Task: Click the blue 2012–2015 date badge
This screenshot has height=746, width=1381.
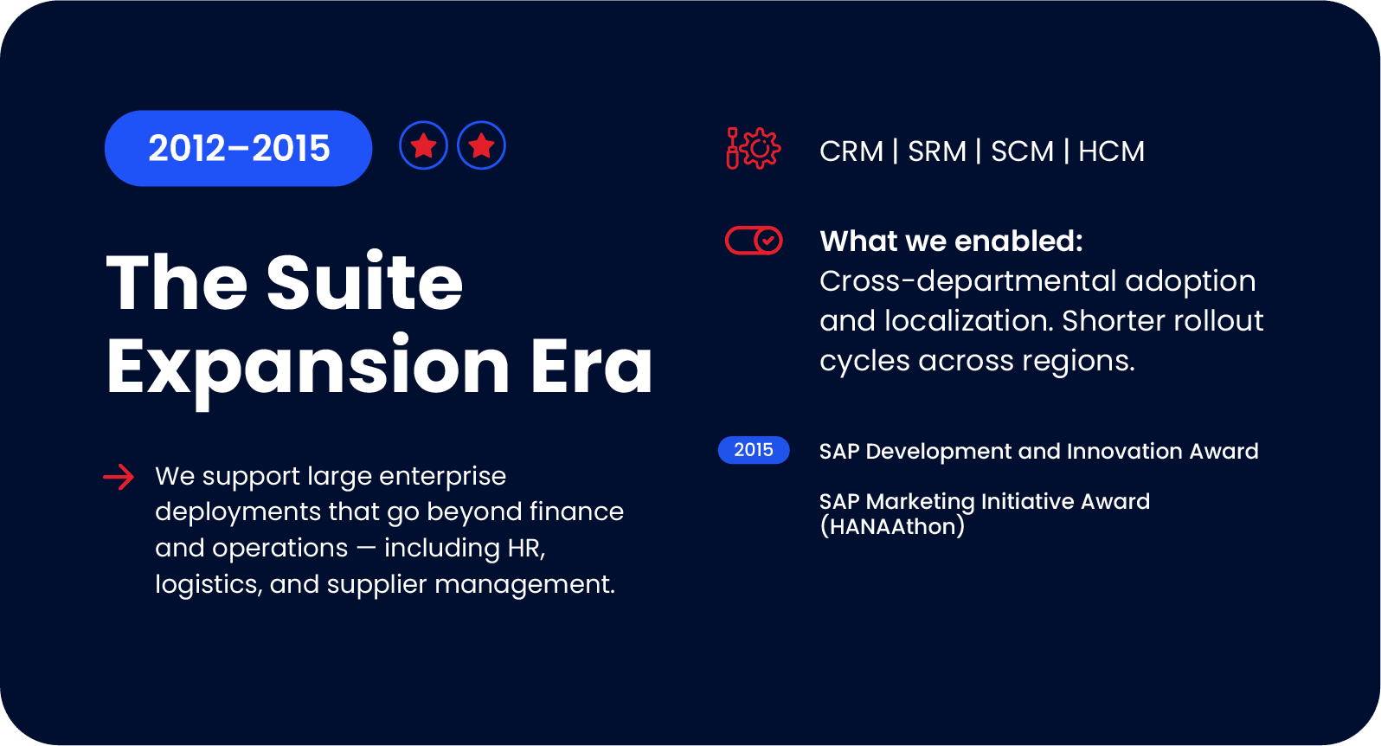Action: coord(238,148)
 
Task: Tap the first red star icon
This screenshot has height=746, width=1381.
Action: coord(423,145)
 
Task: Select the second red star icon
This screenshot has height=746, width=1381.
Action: coord(481,145)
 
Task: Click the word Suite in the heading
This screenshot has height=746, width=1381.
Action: coord(364,282)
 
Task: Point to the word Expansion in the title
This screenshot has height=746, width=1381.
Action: coord(308,367)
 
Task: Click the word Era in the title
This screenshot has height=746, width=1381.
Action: coord(591,367)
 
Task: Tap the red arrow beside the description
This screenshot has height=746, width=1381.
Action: coord(119,476)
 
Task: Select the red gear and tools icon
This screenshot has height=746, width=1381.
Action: coord(753,149)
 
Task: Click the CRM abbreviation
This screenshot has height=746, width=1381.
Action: coord(851,151)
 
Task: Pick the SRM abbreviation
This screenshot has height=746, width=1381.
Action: coord(937,151)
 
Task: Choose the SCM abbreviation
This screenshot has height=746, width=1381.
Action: coord(1022,151)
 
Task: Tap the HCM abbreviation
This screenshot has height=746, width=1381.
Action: coord(1111,151)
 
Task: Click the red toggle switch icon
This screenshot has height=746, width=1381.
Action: coord(754,241)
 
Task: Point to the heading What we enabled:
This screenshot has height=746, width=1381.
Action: coord(951,241)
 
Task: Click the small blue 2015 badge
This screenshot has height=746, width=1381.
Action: coord(754,450)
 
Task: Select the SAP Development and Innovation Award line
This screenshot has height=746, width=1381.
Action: coord(1038,451)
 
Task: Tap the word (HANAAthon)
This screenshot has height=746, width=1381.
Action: coord(892,526)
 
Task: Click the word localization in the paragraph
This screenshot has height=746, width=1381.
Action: coord(969,321)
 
